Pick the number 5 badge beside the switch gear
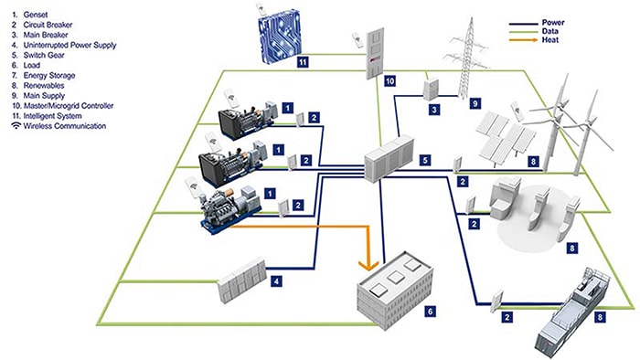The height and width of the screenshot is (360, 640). click(424, 160)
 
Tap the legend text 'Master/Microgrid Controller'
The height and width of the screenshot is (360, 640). click(66, 107)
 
